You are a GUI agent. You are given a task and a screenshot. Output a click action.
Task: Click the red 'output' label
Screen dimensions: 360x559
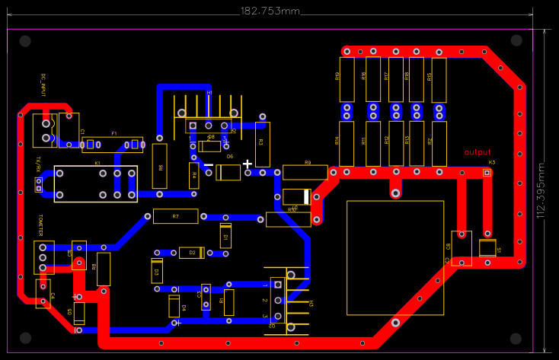coord(478,152)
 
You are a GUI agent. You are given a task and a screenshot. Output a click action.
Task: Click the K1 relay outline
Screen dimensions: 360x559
coord(95,183)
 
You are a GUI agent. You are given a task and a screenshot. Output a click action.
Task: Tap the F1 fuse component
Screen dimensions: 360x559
coord(113,145)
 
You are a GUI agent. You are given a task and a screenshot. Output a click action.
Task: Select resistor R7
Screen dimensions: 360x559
coord(175,216)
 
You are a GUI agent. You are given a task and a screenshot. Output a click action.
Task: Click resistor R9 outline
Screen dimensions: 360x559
coord(305,172)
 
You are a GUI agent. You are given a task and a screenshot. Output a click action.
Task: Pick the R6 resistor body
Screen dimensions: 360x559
coord(159,165)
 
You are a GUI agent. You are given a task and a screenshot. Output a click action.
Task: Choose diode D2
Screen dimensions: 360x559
coord(192,252)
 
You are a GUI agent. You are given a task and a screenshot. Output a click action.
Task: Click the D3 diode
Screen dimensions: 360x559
coord(156,269)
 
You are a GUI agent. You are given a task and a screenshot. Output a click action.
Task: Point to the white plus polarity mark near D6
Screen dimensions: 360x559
coord(247,164)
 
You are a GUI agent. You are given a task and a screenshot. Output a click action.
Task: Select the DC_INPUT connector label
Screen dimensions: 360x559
coord(44,85)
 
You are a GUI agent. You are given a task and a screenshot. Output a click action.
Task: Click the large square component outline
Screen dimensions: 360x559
coord(394,257)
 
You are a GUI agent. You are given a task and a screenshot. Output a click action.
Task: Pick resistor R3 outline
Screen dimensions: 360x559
coord(262,144)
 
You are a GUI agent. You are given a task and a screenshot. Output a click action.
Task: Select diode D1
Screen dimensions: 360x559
coord(225,236)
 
